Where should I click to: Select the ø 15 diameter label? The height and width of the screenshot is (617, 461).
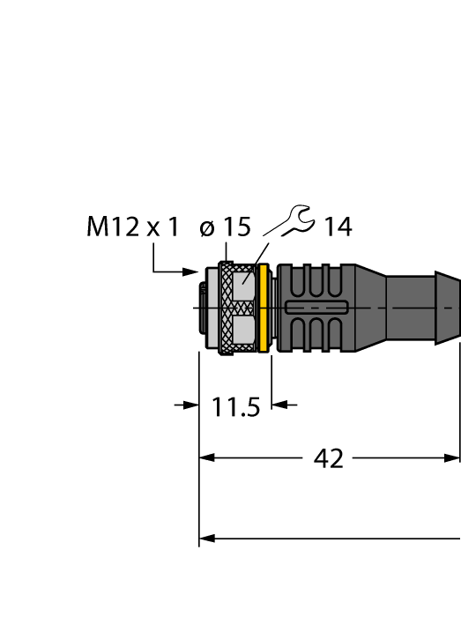point(226,227)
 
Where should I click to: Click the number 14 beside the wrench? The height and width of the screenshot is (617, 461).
point(337,227)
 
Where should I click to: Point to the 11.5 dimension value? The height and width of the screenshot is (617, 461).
point(236,407)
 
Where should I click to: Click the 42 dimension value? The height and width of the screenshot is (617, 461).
point(328,458)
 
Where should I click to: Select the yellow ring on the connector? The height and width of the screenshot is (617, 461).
point(263,308)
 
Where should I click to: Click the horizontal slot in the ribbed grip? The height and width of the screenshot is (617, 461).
point(317,308)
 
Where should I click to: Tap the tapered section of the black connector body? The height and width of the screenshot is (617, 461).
point(370,308)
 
